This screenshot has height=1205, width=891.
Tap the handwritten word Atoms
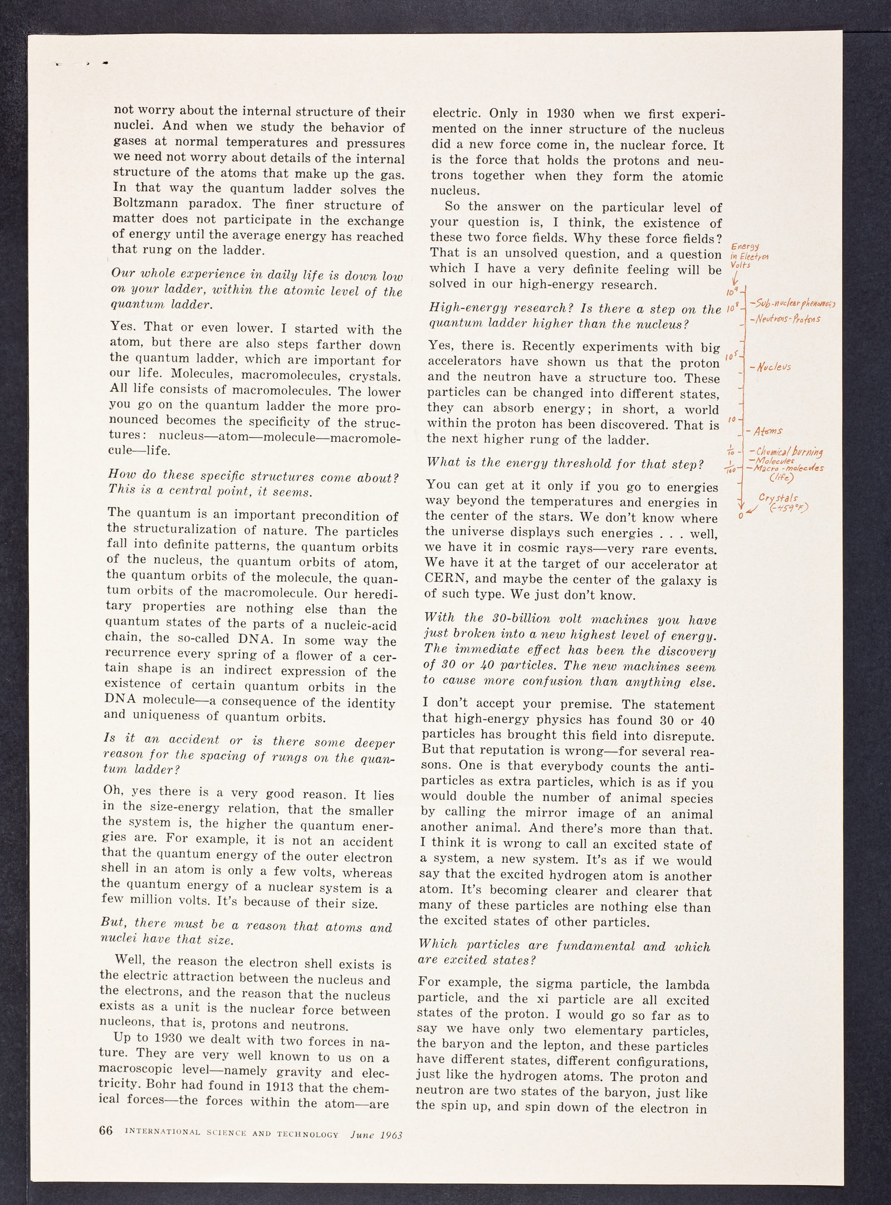(768, 431)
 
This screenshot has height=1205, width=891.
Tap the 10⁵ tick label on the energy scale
(732, 356)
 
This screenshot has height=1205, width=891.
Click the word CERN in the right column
(445, 580)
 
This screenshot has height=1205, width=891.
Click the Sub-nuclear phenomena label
(794, 304)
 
